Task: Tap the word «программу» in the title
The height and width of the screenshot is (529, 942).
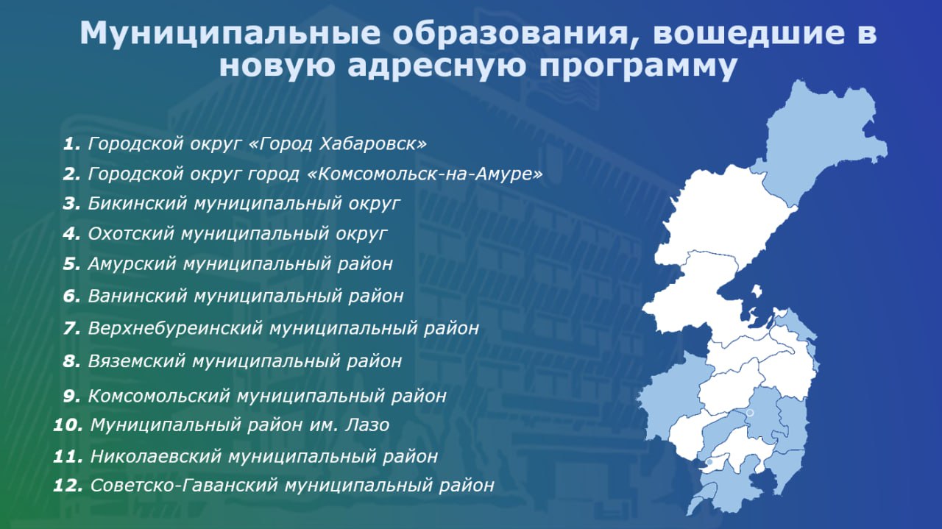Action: pos(638,67)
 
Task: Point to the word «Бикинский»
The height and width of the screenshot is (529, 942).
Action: pos(138,204)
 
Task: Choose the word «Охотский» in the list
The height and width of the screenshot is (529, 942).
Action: pos(131,234)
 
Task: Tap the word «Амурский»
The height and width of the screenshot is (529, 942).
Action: pos(132,264)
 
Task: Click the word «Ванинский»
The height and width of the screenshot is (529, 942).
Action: pos(138,296)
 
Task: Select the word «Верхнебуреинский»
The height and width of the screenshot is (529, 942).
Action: pos(175,328)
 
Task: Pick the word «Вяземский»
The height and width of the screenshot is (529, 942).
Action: pos(137,361)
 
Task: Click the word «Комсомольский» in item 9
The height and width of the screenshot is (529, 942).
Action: pos(159,396)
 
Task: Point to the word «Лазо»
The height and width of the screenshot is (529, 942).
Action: pos(366,425)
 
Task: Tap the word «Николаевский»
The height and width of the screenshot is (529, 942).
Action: pos(156,456)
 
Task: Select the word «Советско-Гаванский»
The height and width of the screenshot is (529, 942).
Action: pos(184,486)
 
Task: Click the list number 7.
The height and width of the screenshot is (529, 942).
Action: pos(72,328)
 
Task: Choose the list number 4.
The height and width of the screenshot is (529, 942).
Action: pos(71,234)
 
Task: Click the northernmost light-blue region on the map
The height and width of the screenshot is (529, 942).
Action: pos(824,139)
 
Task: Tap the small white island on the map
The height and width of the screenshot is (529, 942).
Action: pos(757,291)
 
